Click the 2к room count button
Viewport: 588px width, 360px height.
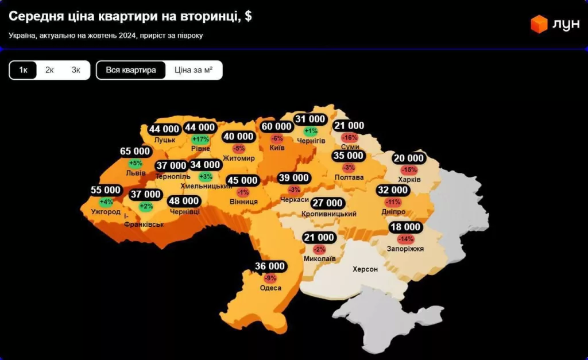(49, 70)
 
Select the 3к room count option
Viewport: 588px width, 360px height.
(76, 70)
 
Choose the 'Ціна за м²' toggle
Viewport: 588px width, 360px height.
(194, 70)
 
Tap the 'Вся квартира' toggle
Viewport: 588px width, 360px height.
(131, 70)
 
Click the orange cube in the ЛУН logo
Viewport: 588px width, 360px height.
(539, 24)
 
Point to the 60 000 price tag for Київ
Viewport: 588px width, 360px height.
(277, 126)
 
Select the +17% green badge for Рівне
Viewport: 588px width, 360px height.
(200, 139)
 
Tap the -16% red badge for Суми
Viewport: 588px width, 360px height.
(349, 138)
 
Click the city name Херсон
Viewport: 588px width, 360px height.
(365, 269)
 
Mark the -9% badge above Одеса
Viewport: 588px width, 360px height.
(270, 278)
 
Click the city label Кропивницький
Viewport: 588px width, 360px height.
(328, 214)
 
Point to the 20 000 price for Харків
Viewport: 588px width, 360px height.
(409, 158)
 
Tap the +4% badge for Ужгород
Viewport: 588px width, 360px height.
(106, 202)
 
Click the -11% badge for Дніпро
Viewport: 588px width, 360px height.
(393, 202)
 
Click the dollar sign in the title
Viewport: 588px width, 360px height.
(248, 16)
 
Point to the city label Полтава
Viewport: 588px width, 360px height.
(349, 177)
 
